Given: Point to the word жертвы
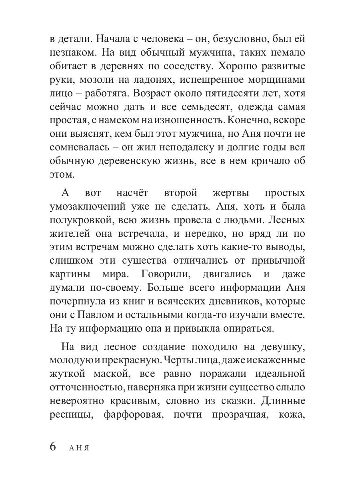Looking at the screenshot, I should tap(230, 193).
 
